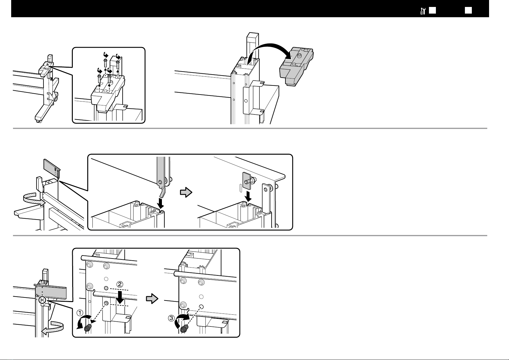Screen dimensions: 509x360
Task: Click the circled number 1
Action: [x=80, y=313]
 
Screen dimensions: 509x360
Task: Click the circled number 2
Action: [x=120, y=284]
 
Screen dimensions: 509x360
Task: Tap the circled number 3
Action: [x=171, y=318]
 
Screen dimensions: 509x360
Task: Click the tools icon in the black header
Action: [x=423, y=11]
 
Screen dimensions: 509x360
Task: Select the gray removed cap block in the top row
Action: [x=296, y=66]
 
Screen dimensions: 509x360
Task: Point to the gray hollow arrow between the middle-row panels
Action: [x=186, y=192]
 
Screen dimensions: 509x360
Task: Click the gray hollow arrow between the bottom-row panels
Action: [x=152, y=298]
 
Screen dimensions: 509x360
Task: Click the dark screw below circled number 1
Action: [x=88, y=328]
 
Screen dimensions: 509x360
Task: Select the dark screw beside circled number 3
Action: [x=185, y=329]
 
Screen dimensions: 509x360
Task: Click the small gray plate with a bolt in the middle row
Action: [x=246, y=181]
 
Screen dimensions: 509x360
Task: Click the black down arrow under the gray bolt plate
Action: [x=249, y=197]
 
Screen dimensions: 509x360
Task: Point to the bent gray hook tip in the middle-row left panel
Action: [x=163, y=193]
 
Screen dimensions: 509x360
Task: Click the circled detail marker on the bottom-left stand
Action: [x=42, y=300]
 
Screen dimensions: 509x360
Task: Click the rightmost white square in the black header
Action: [x=468, y=10]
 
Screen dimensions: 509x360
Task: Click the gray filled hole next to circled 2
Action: [x=106, y=288]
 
